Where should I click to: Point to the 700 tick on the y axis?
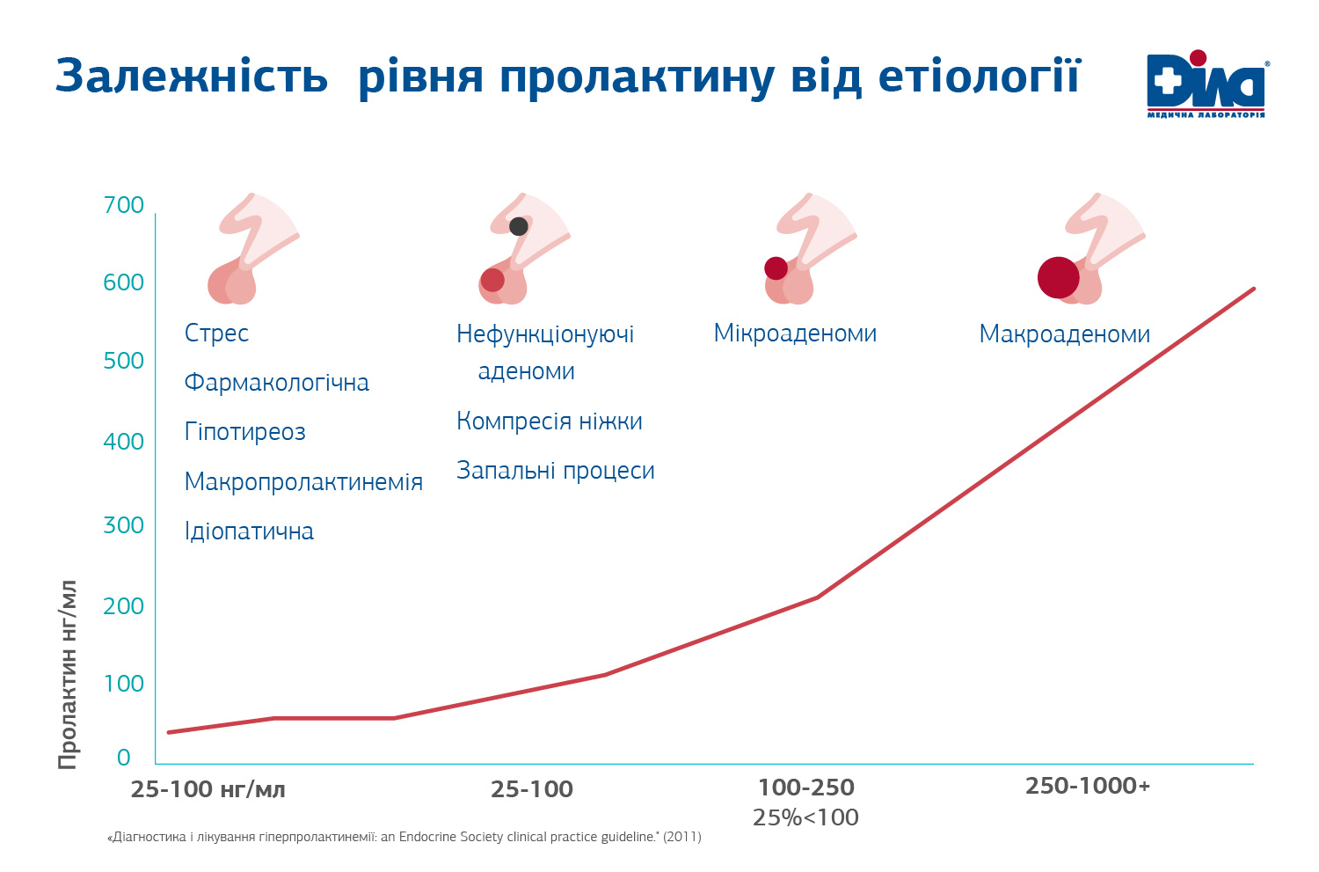click(x=123, y=205)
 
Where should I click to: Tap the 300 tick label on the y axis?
click(x=123, y=525)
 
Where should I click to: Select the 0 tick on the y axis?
click(x=123, y=758)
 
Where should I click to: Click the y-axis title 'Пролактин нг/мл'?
click(x=69, y=675)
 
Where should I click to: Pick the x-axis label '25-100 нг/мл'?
click(x=208, y=789)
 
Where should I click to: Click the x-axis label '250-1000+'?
click(x=1087, y=786)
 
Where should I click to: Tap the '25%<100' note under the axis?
click(x=805, y=817)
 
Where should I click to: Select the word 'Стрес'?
click(x=216, y=333)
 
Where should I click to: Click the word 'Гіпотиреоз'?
click(x=245, y=432)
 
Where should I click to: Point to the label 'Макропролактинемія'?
click(x=303, y=482)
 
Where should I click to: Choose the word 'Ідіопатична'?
click(x=249, y=531)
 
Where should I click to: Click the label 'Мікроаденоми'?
click(x=795, y=333)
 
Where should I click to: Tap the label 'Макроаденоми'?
click(x=1064, y=334)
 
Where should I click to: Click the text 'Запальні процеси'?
click(x=555, y=471)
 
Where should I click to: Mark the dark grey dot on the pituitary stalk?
click(x=519, y=226)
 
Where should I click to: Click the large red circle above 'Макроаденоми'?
click(x=1058, y=278)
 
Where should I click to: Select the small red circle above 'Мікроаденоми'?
click(x=776, y=268)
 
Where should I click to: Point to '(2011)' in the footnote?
click(x=682, y=837)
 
